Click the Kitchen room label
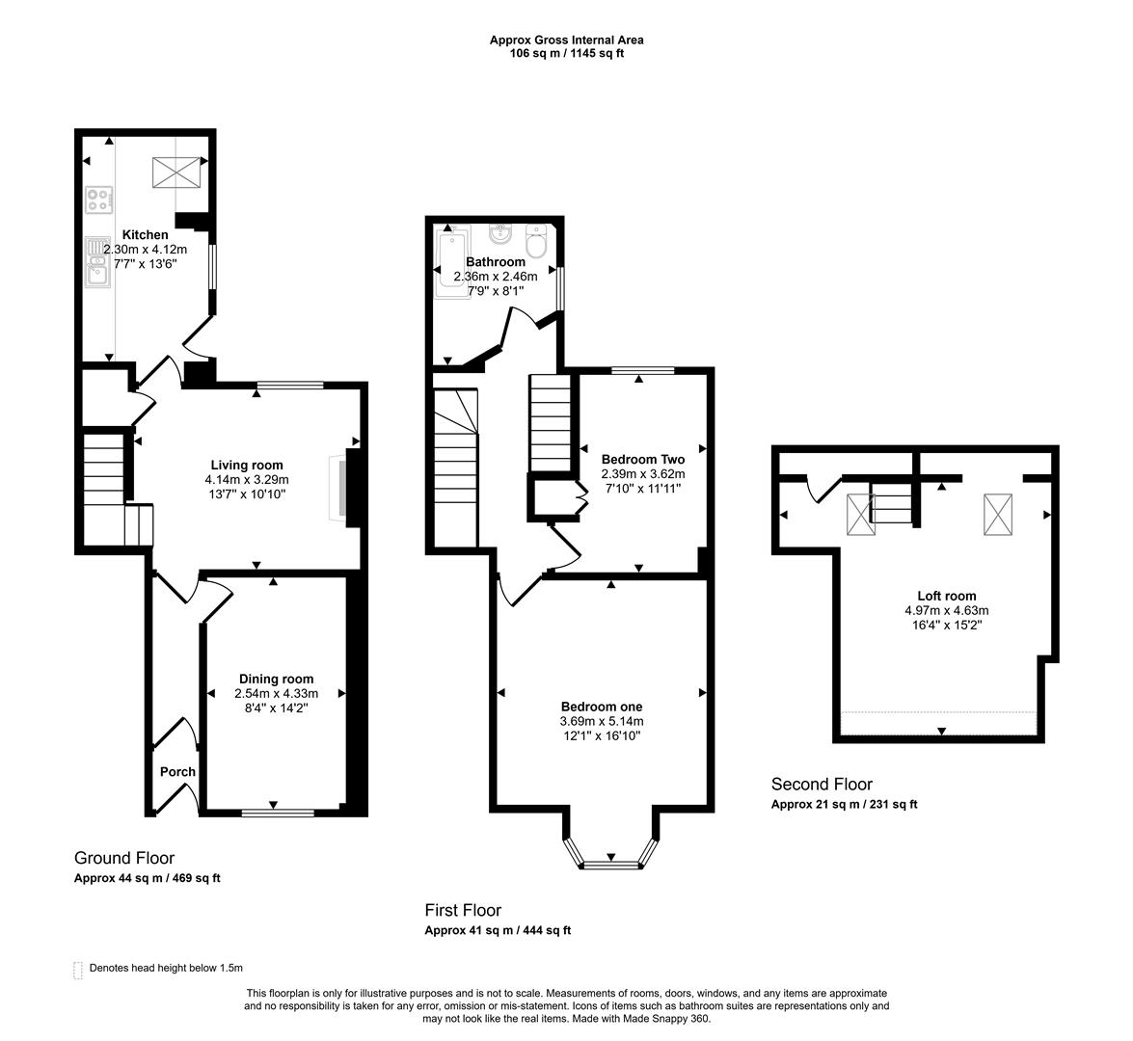(x=145, y=234)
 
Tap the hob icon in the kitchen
(x=98, y=200)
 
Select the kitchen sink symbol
(x=96, y=263)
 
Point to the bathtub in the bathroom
(x=449, y=261)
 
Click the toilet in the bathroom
(x=536, y=242)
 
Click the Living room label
(x=247, y=465)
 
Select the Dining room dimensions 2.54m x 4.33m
(x=276, y=693)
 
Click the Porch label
(x=177, y=771)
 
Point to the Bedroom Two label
(x=642, y=459)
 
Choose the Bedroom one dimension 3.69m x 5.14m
(x=602, y=721)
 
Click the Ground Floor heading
(x=124, y=858)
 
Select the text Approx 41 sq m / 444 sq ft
(x=498, y=930)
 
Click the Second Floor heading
(x=822, y=785)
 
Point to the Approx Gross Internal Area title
(x=566, y=40)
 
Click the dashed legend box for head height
(x=77, y=969)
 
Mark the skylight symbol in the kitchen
(x=177, y=173)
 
